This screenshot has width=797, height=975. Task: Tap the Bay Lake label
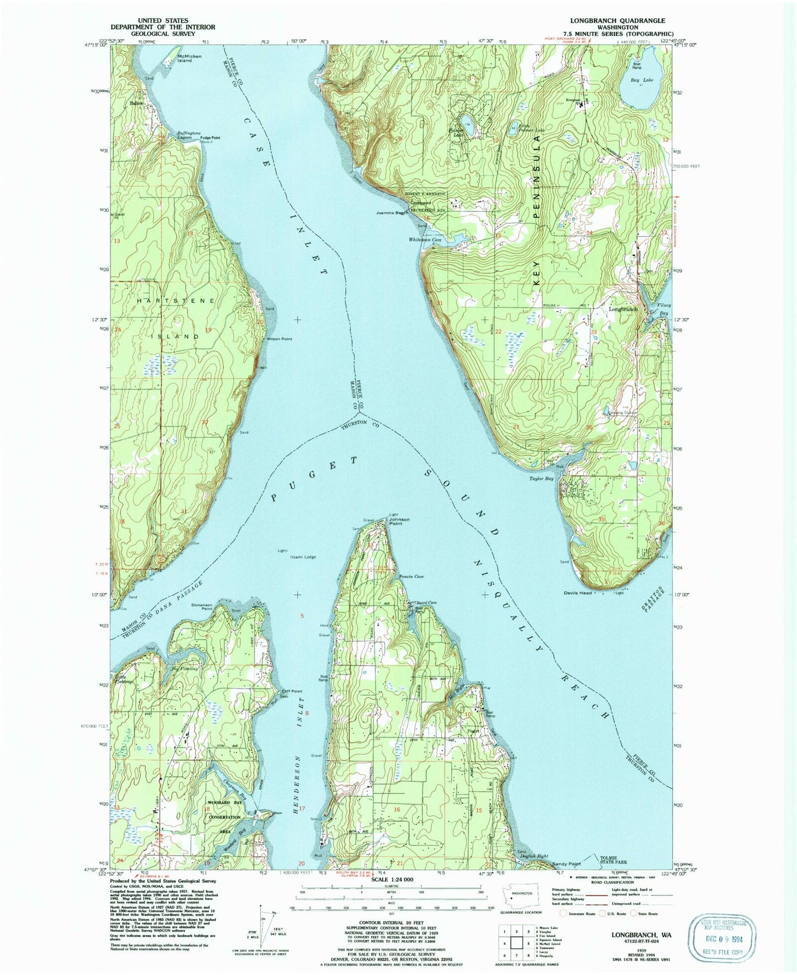click(x=642, y=80)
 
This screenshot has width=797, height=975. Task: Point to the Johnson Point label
click(x=399, y=520)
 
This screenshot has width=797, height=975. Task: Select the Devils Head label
click(x=577, y=593)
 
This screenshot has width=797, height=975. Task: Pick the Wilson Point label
click(x=280, y=339)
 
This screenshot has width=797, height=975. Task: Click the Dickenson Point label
click(x=202, y=605)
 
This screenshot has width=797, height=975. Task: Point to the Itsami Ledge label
click(x=303, y=557)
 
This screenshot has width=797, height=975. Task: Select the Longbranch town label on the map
click(x=623, y=309)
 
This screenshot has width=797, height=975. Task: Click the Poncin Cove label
click(x=411, y=577)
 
